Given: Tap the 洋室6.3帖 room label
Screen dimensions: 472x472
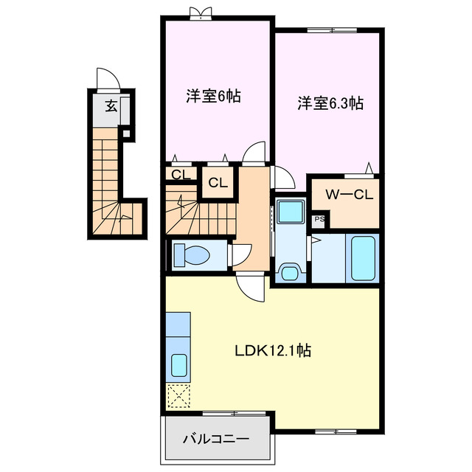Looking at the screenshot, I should [x=330, y=103].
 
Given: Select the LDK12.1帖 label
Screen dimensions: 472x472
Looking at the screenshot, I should [x=272, y=351].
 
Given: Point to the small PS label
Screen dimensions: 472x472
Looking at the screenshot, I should [x=319, y=219].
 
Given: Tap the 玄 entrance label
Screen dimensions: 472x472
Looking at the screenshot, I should [x=111, y=106].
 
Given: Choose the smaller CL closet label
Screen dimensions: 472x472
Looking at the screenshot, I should [x=180, y=174].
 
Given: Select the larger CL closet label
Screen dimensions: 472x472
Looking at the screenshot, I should [x=218, y=183].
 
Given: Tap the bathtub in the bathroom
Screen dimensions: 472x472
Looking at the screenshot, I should [x=363, y=257].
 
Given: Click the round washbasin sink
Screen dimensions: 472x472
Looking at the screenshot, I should [x=289, y=274].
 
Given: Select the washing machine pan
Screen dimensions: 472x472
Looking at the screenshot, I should [x=290, y=212].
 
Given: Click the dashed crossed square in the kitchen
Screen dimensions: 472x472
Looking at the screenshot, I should [x=178, y=396].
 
